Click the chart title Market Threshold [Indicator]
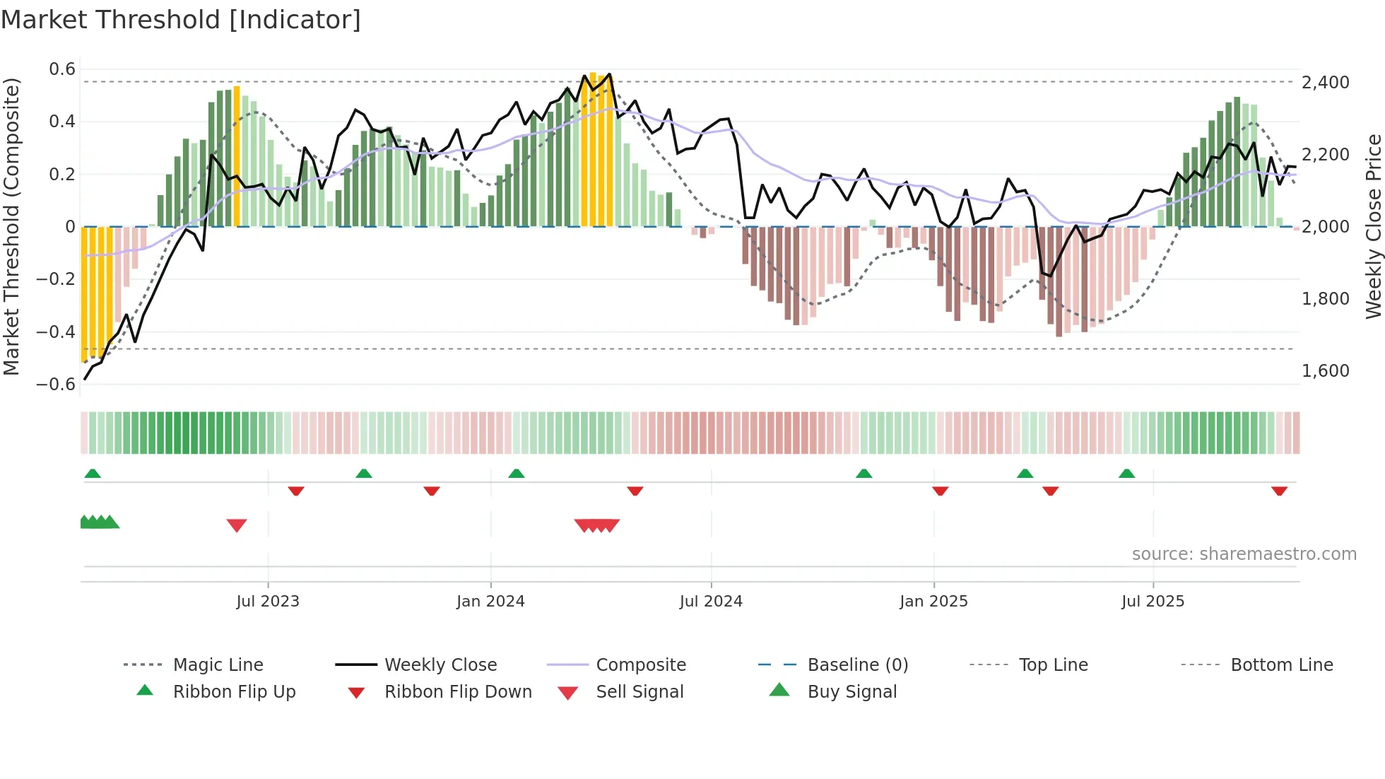coord(181,20)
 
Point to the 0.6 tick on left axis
coord(62,69)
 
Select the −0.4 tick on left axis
coord(56,332)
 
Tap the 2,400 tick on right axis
coord(1326,83)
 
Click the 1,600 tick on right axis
coord(1326,371)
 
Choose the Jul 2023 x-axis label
coord(268,602)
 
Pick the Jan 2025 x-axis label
coord(933,602)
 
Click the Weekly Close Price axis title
coord(1373,226)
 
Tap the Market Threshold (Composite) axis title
coord(11,226)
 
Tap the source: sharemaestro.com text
coord(1244,554)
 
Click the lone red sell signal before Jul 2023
coord(237,525)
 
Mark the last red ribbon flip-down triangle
coord(1279,491)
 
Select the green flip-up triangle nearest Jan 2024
coord(517,474)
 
